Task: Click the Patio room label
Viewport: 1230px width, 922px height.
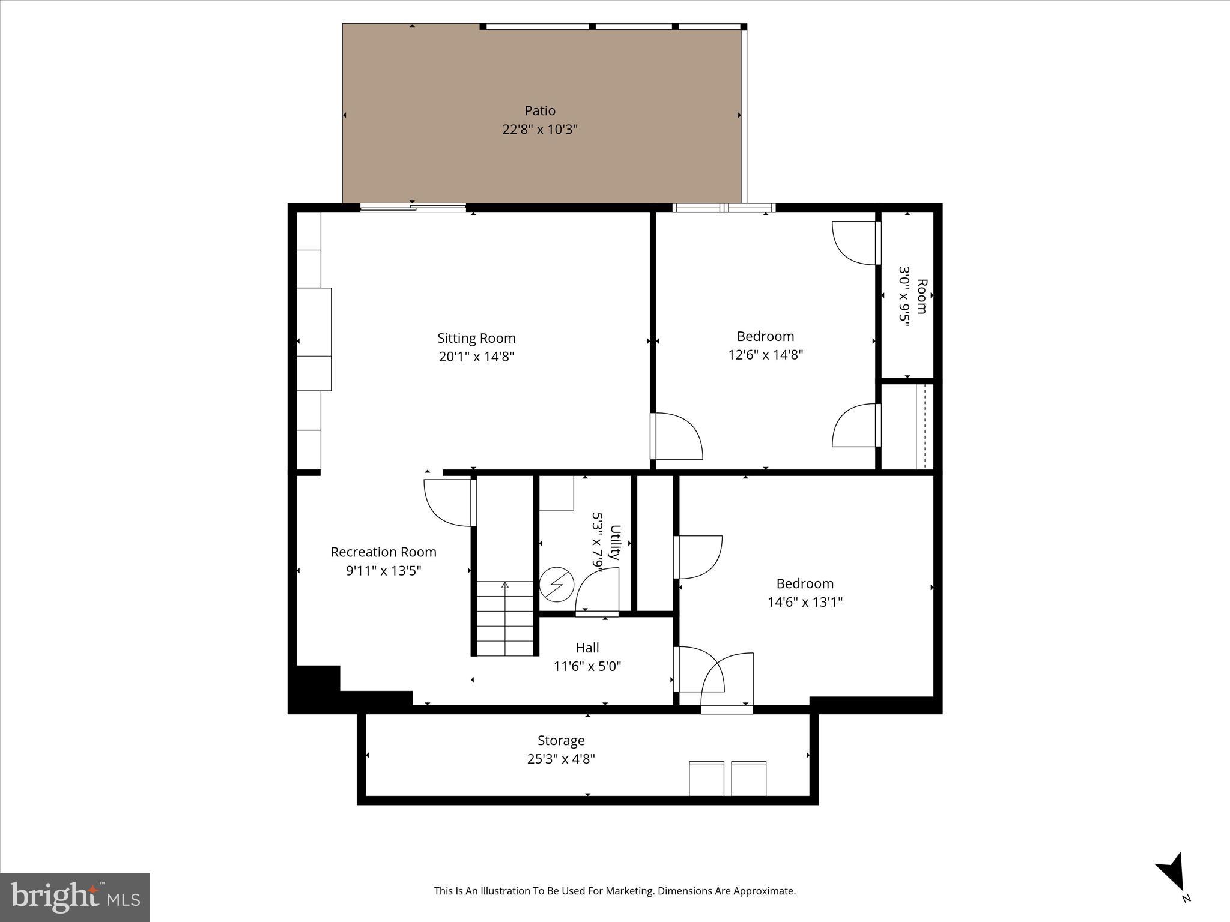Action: [539, 111]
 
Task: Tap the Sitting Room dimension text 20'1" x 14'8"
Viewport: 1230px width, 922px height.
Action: [476, 357]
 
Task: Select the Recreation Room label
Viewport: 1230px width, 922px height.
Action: [383, 552]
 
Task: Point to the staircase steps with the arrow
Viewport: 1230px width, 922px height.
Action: [505, 618]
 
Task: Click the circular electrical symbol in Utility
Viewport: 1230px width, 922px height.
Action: [557, 585]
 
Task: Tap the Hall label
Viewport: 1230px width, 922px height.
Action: [587, 648]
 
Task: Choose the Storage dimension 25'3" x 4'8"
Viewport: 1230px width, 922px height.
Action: [561, 759]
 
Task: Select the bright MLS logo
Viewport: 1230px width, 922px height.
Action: [75, 897]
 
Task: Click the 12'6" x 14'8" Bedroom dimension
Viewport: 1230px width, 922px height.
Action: [765, 355]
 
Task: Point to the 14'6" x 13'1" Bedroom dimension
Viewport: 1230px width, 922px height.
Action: [805, 602]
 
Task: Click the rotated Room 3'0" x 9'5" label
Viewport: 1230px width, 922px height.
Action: [913, 297]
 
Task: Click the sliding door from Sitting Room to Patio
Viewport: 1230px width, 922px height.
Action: [413, 208]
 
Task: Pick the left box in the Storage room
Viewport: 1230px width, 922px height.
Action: [706, 779]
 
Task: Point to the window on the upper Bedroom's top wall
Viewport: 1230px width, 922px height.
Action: [724, 208]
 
